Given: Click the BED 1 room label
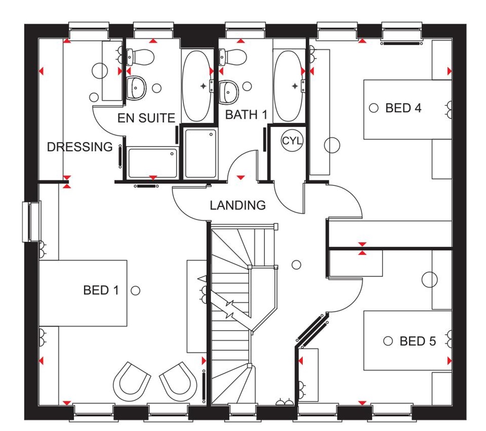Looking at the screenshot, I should tap(101, 290).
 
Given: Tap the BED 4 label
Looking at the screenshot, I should tap(403, 108).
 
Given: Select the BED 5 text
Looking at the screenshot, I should tap(417, 341).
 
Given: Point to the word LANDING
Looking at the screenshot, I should tap(238, 205).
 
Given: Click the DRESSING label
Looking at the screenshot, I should tap(80, 147).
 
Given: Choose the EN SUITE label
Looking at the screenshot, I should tap(147, 118).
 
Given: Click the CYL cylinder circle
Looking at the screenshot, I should tap(292, 141).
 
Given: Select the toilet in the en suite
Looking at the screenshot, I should tap(139, 57).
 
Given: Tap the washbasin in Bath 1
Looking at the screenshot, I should tap(229, 90).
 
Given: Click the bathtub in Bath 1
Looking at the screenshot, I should tap(289, 86).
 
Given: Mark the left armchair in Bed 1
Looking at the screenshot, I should tap(131, 380).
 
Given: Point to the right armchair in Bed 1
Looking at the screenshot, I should tap(178, 380).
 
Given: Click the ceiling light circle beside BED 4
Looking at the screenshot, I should tap(374, 108).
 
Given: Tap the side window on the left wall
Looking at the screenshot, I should tap(32, 221).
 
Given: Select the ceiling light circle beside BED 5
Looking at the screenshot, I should tap(388, 341).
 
